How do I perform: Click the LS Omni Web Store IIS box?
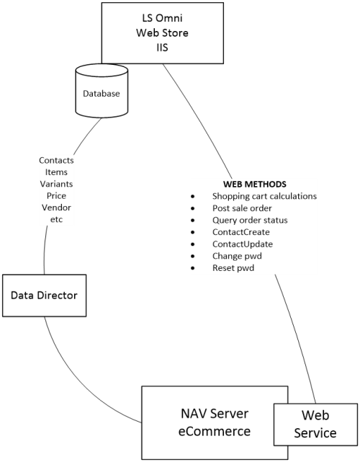(x=163, y=33)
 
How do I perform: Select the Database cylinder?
(x=102, y=92)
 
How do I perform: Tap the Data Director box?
(x=45, y=296)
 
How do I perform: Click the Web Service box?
(x=315, y=425)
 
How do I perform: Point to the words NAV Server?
(x=215, y=414)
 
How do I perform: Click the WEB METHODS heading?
(x=255, y=185)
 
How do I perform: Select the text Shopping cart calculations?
(x=264, y=196)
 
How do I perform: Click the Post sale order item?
(x=242, y=208)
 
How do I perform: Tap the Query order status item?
(x=250, y=221)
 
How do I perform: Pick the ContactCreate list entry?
(x=240, y=232)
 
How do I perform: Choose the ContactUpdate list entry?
(x=243, y=244)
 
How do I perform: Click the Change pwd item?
(x=237, y=256)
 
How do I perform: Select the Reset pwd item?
(x=233, y=268)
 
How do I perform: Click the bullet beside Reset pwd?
(x=193, y=268)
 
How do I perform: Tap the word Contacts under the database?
(x=56, y=160)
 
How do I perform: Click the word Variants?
(x=56, y=184)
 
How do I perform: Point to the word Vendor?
(x=56, y=208)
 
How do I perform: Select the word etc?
(x=56, y=220)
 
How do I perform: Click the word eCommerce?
(x=215, y=431)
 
